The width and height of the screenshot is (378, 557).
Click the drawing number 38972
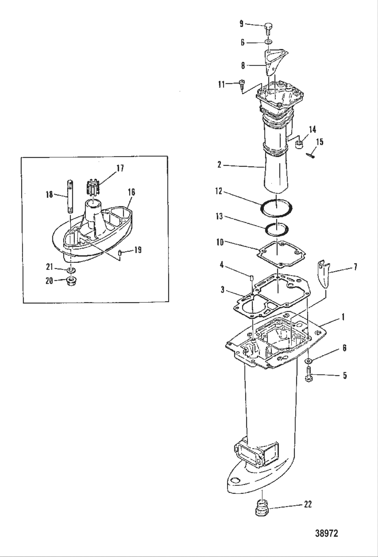point(326,533)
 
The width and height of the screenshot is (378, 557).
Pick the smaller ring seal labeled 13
point(277,230)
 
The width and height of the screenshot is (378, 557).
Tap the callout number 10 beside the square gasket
point(220,243)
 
